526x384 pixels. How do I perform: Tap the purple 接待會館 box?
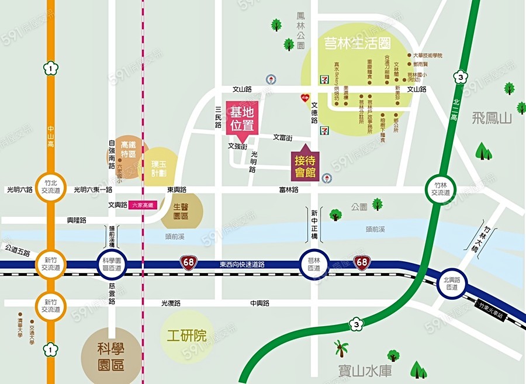(304, 165)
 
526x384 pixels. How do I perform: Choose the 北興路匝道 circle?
(451, 283)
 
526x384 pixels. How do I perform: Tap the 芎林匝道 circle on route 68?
(314, 264)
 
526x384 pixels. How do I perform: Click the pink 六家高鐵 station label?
(141, 205)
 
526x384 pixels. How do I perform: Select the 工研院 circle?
(186, 335)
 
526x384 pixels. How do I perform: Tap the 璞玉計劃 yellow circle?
(158, 169)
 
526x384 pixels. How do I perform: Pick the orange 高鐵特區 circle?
(128, 149)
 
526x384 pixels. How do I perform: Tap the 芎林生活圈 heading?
(358, 44)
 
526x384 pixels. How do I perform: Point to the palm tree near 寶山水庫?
(341, 349)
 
